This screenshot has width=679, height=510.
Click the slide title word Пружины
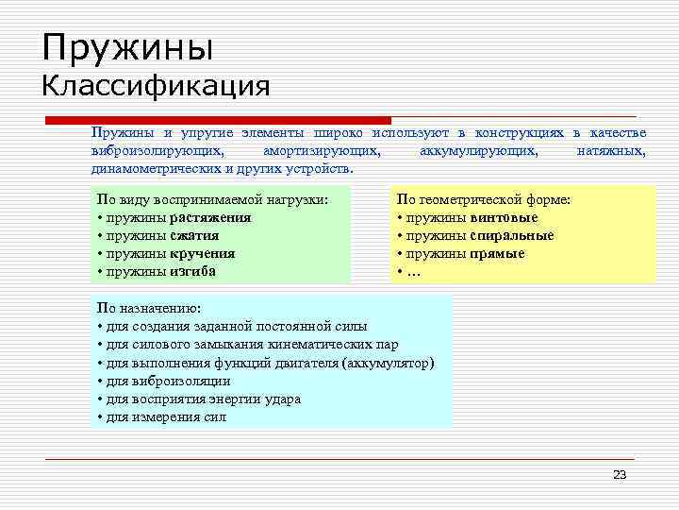(x=128, y=46)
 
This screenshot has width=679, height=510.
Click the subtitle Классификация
(x=156, y=87)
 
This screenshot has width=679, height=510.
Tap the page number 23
(x=619, y=474)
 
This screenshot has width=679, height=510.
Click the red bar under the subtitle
(x=217, y=120)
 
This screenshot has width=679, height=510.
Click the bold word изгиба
(x=193, y=271)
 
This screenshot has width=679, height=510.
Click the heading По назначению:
(x=142, y=308)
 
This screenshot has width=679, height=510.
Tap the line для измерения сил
(x=161, y=416)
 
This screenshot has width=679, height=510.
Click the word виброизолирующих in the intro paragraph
(x=157, y=151)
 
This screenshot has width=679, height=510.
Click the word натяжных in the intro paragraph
(x=611, y=151)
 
